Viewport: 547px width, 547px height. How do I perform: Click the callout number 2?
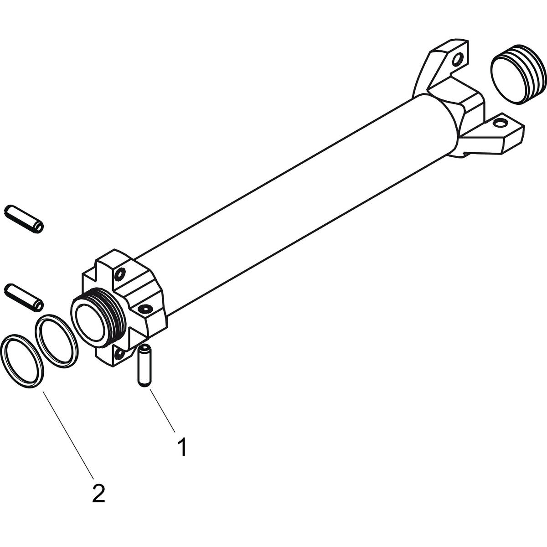pyautogui.click(x=98, y=493)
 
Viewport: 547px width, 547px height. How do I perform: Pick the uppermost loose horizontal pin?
pyautogui.click(x=24, y=218)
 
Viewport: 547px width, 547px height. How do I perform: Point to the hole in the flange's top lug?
pyautogui.click(x=120, y=274)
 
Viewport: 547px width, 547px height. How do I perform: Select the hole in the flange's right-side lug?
pyautogui.click(x=145, y=309)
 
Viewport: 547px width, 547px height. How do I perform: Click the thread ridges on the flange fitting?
pyautogui.click(x=115, y=314)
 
